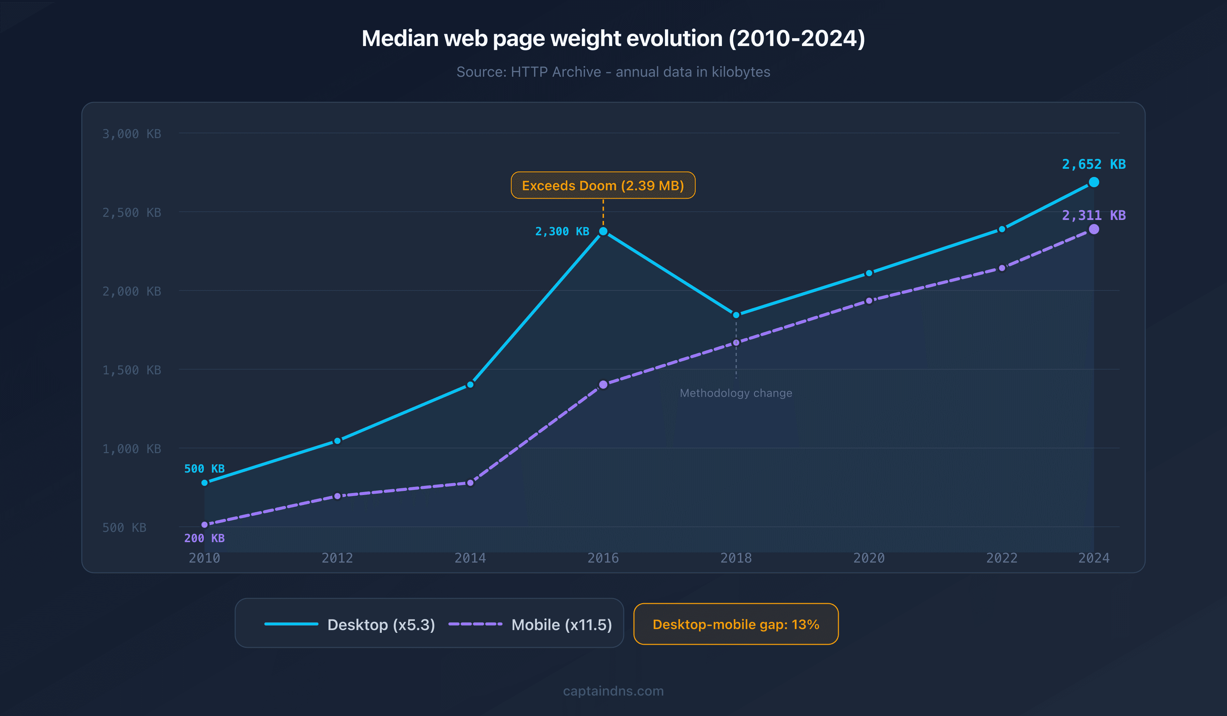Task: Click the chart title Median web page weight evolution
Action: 613,39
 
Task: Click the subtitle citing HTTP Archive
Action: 613,72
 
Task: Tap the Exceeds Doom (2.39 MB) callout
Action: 603,185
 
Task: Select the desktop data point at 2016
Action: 603,232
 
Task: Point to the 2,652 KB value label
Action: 1094,164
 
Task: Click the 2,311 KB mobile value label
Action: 1094,215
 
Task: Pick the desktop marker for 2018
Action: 736,315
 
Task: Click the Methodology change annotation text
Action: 736,393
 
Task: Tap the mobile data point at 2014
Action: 470,483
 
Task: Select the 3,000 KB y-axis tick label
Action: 132,134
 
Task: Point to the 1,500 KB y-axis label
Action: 132,370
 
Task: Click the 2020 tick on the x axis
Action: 869,558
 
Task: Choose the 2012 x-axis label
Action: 337,558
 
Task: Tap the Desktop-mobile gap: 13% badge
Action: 736,624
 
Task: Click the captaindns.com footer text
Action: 613,691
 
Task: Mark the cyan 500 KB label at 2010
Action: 204,468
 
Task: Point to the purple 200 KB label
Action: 204,538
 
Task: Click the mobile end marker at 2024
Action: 1094,229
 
